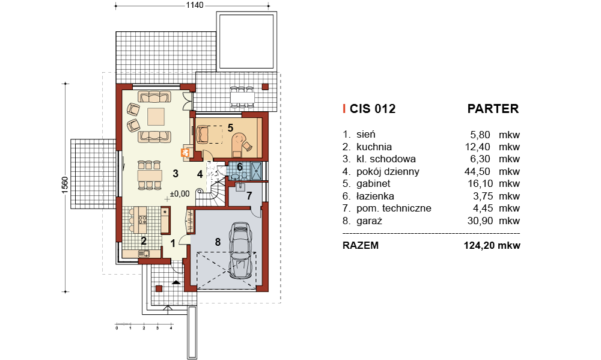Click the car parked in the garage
click(240, 250)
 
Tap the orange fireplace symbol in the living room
click(186, 153)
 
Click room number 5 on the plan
click(230, 127)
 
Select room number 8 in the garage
click(218, 242)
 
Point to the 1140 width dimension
click(195, 5)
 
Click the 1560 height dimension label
click(64, 185)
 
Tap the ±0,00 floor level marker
click(179, 194)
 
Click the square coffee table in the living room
click(156, 117)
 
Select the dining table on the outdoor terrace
click(242, 97)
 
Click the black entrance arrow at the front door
click(176, 282)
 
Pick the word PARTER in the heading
click(493, 109)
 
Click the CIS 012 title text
click(373, 109)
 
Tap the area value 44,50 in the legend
click(477, 171)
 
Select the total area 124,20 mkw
click(492, 245)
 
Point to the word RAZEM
click(360, 245)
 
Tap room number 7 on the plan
click(249, 196)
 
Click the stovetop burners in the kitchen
click(142, 220)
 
